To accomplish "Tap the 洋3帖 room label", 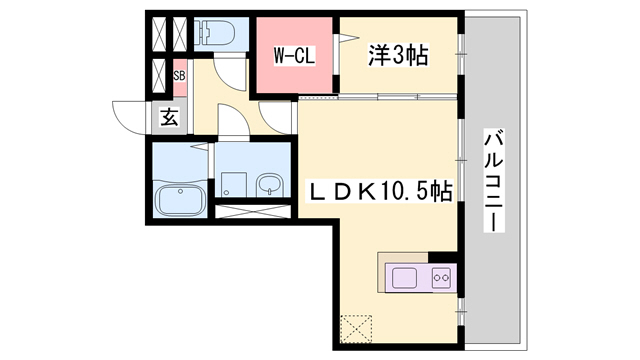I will [x=400, y=56].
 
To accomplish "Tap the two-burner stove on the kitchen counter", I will [x=441, y=277].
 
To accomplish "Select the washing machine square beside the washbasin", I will [x=233, y=184].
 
